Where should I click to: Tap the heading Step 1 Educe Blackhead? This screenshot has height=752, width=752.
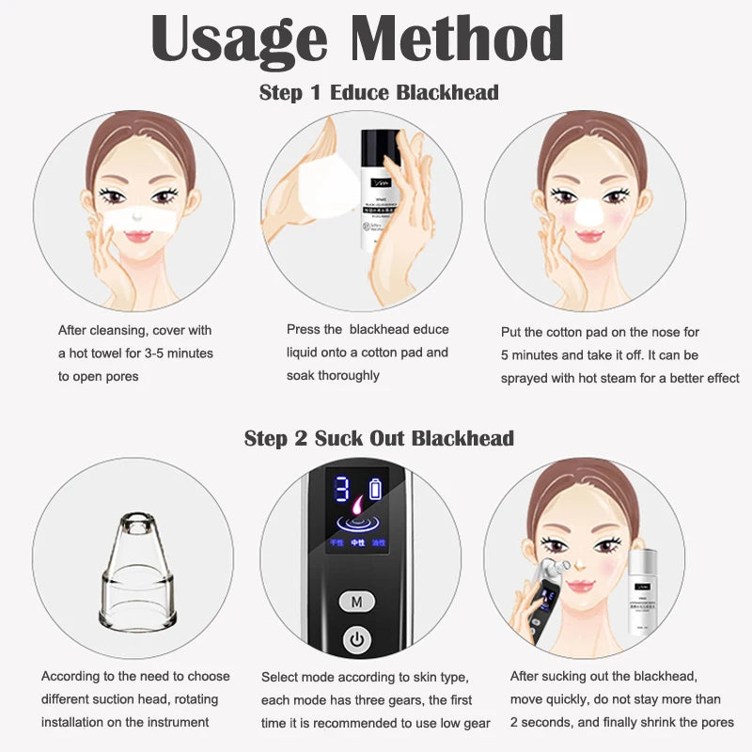379,92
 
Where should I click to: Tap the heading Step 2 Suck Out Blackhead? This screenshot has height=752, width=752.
379,438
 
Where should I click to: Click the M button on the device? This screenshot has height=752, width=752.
356,601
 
